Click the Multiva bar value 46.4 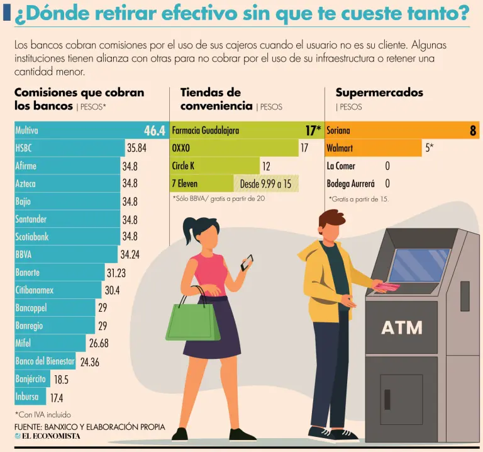[154, 131]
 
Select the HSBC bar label [23, 149]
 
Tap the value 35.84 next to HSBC [136, 149]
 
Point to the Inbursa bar [27, 397]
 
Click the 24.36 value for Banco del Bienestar [89, 362]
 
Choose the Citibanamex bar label [35, 290]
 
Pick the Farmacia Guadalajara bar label [206, 131]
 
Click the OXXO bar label [180, 149]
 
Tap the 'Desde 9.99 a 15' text [265, 184]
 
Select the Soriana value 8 [472, 131]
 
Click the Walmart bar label [340, 149]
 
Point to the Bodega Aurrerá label [350, 184]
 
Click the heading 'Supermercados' [379, 93]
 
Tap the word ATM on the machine [401, 328]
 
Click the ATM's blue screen [419, 265]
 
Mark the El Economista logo [47, 436]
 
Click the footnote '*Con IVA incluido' [43, 415]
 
